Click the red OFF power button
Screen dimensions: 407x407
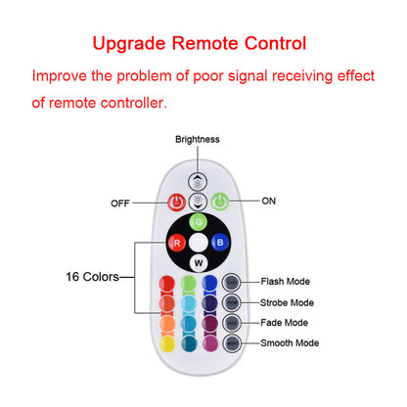click(176, 203)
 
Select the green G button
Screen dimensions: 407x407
click(199, 222)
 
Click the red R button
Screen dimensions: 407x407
click(176, 242)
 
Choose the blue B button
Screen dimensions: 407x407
click(221, 242)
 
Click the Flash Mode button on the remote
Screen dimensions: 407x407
click(232, 283)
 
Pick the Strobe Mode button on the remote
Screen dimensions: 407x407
click(232, 303)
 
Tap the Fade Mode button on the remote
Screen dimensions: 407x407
click(232, 323)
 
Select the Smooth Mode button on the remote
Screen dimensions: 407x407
click(232, 343)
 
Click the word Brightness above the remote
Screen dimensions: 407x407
click(198, 139)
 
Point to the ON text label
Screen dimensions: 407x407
click(269, 201)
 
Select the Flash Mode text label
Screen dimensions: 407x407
click(287, 282)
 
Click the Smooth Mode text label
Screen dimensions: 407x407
click(291, 343)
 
